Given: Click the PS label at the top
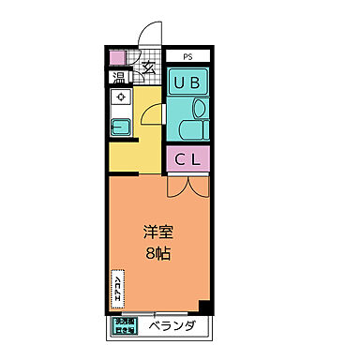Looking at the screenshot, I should coord(187,55).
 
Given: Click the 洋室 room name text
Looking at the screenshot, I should coord(157,232).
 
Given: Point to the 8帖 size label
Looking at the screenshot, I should coord(157,253).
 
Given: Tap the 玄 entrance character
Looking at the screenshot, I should coord(149,67).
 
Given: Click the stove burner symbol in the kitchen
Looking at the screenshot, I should coord(120,97).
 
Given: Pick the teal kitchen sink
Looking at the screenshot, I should coord(120,126).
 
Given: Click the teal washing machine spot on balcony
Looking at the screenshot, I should coord(124,326).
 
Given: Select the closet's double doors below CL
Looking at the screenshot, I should coord(185,185).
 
